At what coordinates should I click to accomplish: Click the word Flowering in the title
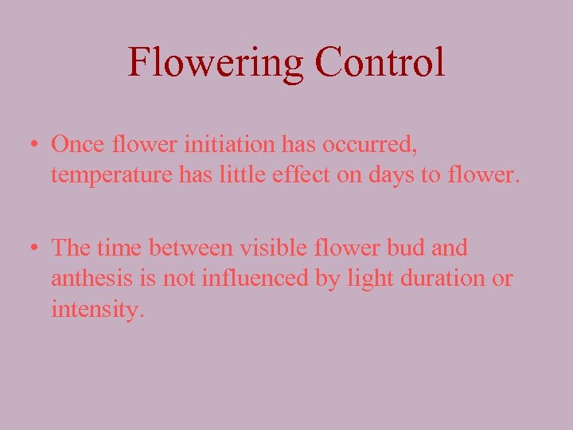215,62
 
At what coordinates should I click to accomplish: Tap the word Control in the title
380,62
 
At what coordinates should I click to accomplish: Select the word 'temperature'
109,175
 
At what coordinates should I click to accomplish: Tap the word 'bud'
403,248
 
